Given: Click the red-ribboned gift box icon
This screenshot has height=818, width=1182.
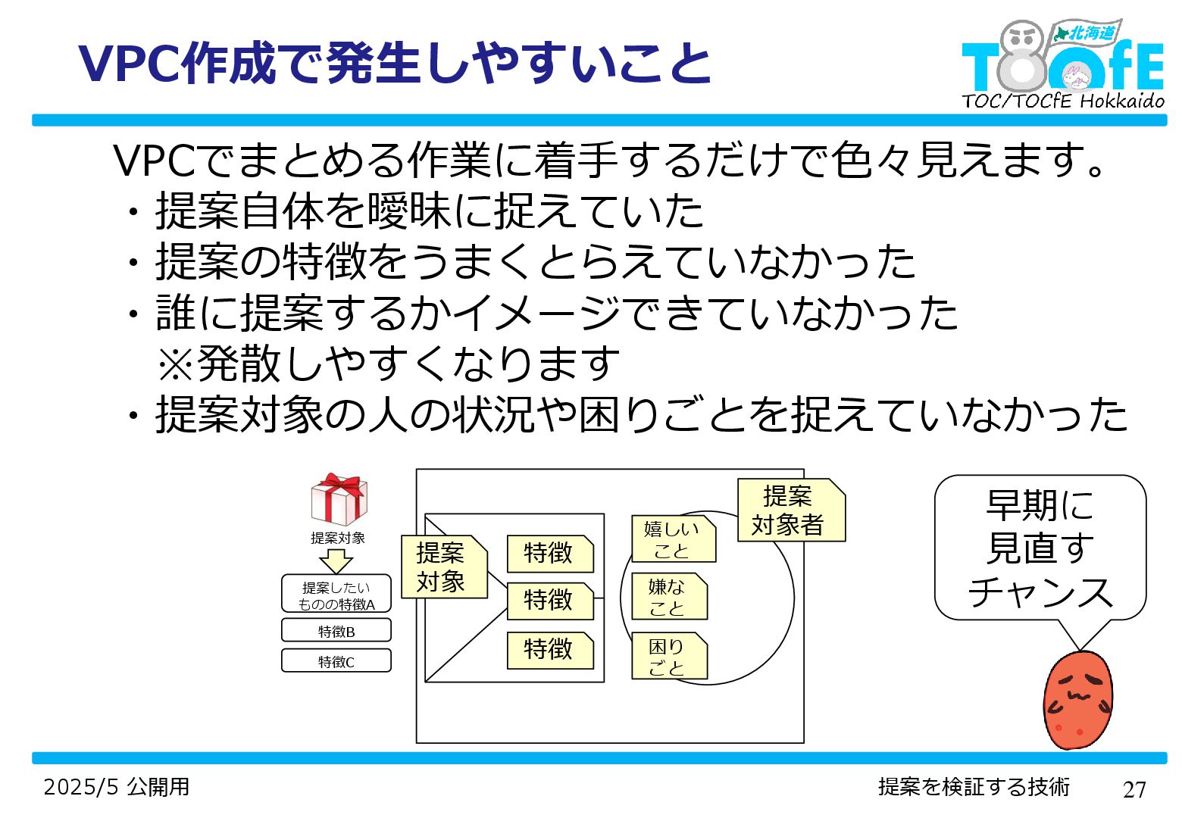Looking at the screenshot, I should click(x=339, y=499).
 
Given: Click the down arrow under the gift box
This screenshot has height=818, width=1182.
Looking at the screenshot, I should click(x=336, y=561).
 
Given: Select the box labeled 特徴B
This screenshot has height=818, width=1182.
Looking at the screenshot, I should click(x=336, y=631).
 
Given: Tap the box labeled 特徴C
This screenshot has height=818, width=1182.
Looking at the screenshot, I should click(x=336, y=661).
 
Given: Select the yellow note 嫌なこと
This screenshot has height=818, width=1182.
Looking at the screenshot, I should click(x=668, y=597).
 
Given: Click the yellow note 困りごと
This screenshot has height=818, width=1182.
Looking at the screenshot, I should click(x=668, y=657).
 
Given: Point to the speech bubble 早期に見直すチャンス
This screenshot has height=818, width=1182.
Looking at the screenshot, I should click(x=1040, y=548).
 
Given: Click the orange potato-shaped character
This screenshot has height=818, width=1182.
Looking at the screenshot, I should click(x=1077, y=701).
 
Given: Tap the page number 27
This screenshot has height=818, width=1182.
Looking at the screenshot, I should click(x=1134, y=790).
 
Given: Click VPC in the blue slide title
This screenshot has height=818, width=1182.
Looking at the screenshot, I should click(x=129, y=64).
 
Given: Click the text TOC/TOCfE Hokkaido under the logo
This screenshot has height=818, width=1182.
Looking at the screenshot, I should click(x=1062, y=101).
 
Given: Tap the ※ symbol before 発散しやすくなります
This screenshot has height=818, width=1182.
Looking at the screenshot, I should click(x=176, y=364).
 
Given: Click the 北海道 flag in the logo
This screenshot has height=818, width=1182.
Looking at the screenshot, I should click(x=1087, y=33).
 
